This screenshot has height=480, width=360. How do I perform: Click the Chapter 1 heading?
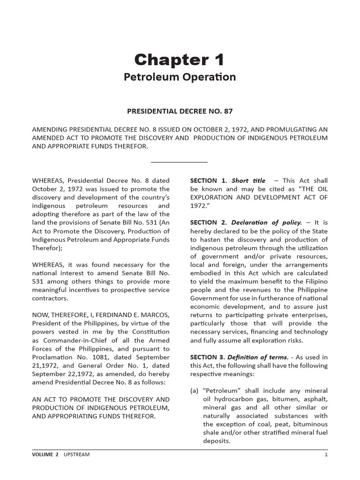pyautogui.click(x=180, y=60)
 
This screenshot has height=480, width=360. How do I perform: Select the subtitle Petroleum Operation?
pyautogui.click(x=180, y=77)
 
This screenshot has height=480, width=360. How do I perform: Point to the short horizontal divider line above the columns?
pyautogui.click(x=180, y=162)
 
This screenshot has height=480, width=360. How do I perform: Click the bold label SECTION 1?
pyautogui.click(x=209, y=180)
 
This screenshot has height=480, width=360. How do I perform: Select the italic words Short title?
pyautogui.click(x=248, y=180)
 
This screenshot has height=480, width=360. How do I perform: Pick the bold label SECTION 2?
pyautogui.click(x=209, y=223)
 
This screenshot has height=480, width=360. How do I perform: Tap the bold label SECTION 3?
pyautogui.click(x=209, y=357)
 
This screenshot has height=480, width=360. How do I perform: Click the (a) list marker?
pyautogui.click(x=195, y=391)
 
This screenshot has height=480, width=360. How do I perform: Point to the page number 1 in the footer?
pyautogui.click(x=326, y=454)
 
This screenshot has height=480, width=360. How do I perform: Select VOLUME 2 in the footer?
pyautogui.click(x=45, y=454)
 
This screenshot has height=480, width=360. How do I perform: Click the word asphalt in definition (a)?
pyautogui.click(x=316, y=399)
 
